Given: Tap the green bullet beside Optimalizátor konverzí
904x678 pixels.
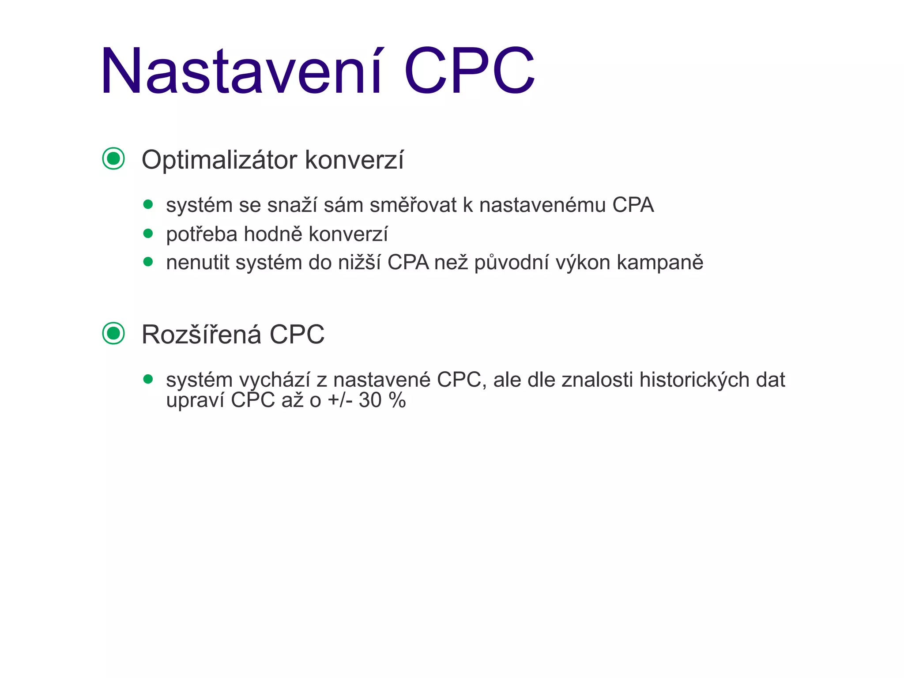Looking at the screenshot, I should [x=113, y=158].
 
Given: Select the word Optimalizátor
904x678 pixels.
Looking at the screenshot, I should [x=219, y=160].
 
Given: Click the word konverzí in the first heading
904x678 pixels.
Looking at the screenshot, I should [x=354, y=160].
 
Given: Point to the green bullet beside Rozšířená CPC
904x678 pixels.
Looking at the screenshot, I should [x=113, y=333].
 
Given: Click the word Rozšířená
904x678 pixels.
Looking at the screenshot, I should [x=201, y=334].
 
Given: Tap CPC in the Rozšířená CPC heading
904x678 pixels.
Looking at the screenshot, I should [x=297, y=334].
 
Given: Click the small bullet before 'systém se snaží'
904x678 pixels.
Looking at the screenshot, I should [x=148, y=204].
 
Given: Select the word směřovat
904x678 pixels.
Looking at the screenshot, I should [x=413, y=205].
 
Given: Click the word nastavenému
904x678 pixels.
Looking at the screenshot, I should [x=542, y=205].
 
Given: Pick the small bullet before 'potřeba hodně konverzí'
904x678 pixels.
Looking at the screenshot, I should [x=148, y=233].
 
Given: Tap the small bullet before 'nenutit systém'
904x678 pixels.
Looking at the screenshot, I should [x=148, y=262].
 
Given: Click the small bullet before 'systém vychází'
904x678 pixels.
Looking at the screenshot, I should [x=148, y=379].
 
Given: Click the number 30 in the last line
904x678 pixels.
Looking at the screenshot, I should [x=370, y=400].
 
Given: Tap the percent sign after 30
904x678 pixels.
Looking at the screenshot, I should [x=397, y=400].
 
